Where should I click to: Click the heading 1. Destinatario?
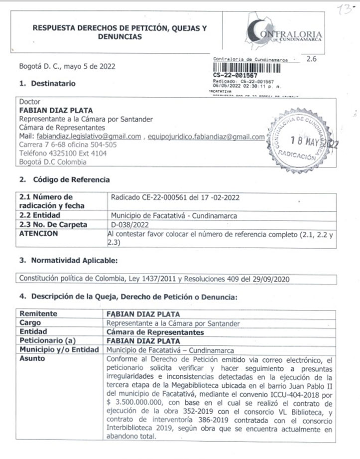click(x=48, y=84)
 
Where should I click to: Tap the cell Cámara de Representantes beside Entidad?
click(x=155, y=331)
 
